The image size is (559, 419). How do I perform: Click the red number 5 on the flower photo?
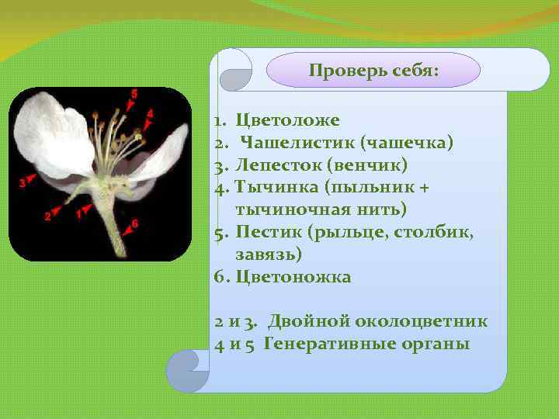click(x=134, y=93)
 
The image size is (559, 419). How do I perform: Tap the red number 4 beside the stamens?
click(x=150, y=113)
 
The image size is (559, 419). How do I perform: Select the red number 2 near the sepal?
click(x=47, y=216)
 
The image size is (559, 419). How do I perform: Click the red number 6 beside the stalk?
click(x=135, y=223)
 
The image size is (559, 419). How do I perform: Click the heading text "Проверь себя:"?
click(x=373, y=71)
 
